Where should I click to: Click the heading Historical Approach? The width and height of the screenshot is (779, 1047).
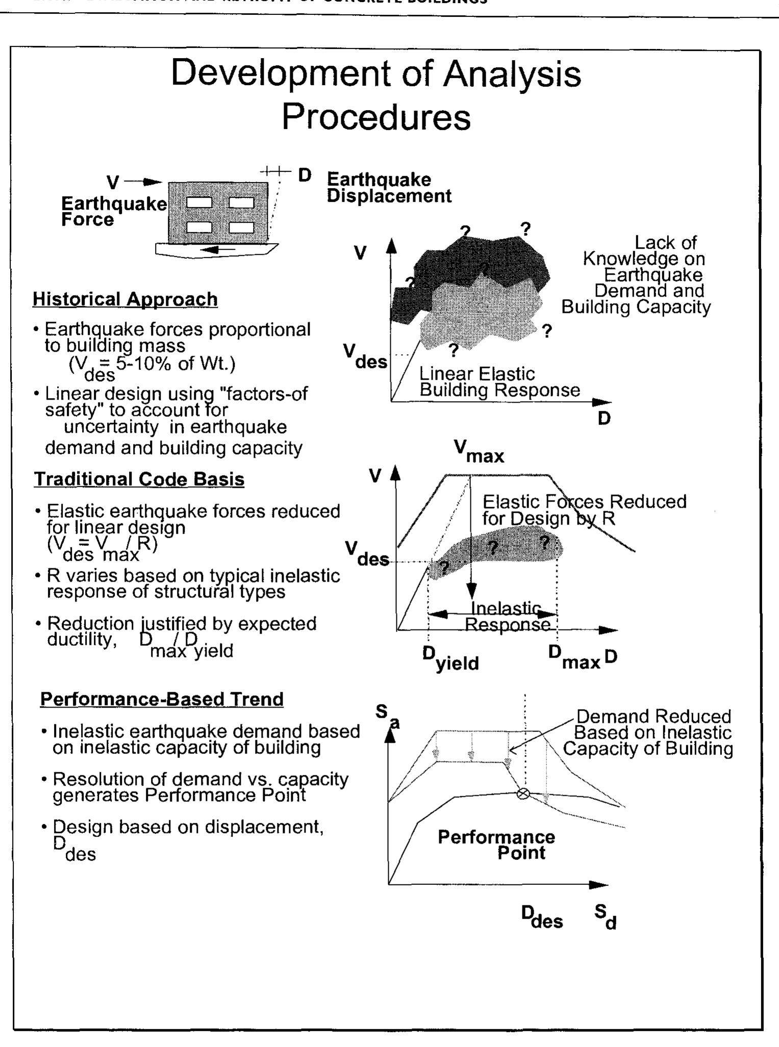tap(125, 299)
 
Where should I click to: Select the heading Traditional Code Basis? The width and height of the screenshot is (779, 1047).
tap(139, 479)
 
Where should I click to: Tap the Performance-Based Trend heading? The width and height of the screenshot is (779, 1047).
tap(162, 699)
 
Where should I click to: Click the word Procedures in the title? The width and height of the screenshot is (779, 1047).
tap(376, 117)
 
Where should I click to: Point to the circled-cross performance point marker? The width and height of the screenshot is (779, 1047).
tap(522, 794)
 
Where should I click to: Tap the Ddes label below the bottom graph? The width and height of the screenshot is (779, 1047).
tap(542, 918)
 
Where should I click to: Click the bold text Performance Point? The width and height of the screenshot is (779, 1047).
tap(496, 845)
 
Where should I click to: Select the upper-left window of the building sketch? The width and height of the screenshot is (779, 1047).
tap(199, 203)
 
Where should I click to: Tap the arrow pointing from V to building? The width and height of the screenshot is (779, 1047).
tap(142, 182)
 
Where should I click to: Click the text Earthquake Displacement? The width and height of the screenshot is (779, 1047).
tap(388, 188)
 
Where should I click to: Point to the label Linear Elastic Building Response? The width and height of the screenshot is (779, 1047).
tap(499, 382)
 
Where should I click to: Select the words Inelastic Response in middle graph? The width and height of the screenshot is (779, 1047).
tap(507, 616)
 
